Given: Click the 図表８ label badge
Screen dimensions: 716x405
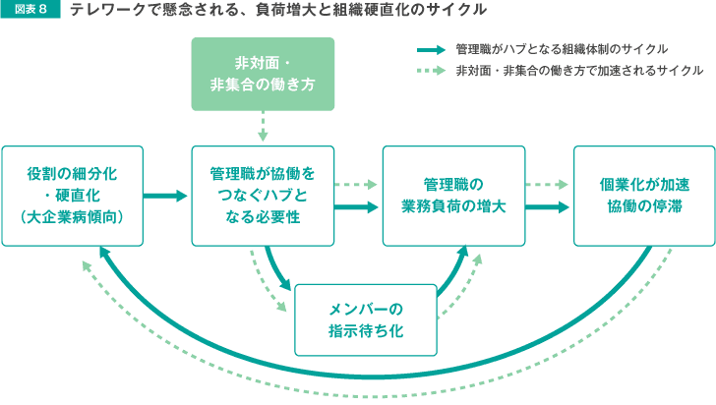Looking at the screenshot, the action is (x=30, y=9).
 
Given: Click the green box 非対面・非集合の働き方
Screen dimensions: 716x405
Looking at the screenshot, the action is (x=263, y=74).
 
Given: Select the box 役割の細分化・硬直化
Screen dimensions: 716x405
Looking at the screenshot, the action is (x=73, y=196).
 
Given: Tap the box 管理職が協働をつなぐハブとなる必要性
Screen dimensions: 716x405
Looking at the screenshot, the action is (x=263, y=196).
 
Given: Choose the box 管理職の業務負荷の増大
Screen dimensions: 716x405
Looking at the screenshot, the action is (x=454, y=196).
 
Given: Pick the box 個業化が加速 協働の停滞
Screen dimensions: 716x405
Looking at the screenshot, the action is (x=644, y=196).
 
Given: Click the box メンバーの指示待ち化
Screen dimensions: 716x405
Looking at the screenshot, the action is (x=366, y=320).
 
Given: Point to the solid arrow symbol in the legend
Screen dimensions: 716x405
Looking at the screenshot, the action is (x=431, y=50).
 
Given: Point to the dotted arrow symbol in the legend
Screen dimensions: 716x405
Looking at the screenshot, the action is (x=431, y=71).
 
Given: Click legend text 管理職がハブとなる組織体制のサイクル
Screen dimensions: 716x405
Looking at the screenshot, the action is (x=562, y=49).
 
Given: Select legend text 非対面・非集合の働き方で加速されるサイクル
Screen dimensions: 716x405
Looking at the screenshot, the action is (x=579, y=71).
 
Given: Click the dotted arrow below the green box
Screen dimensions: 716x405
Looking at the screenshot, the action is (x=263, y=126).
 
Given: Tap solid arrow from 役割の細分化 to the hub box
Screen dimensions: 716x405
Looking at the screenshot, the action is (x=165, y=196).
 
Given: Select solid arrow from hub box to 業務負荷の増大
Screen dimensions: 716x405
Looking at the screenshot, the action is (x=356, y=207).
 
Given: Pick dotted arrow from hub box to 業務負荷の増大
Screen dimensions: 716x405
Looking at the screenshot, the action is (x=355, y=185).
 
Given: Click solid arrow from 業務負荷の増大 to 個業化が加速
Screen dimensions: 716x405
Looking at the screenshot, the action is (x=547, y=207).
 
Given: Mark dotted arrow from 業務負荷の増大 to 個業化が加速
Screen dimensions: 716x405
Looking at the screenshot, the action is (x=546, y=185).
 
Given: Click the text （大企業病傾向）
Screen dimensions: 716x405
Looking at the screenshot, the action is (x=73, y=217).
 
